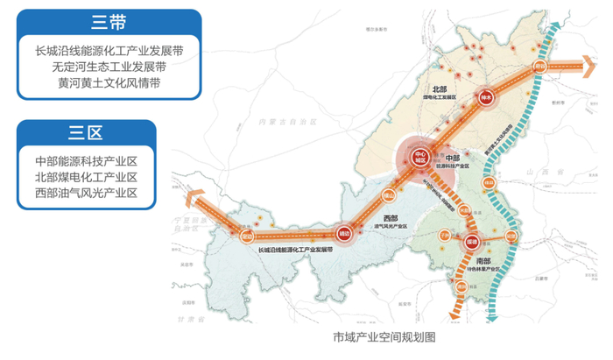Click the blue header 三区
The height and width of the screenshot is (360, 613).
click(86, 133)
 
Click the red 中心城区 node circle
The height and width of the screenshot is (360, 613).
click(420, 159)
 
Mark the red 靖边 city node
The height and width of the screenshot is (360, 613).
click(343, 234)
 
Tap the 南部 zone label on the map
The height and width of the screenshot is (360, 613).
click(483, 260)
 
